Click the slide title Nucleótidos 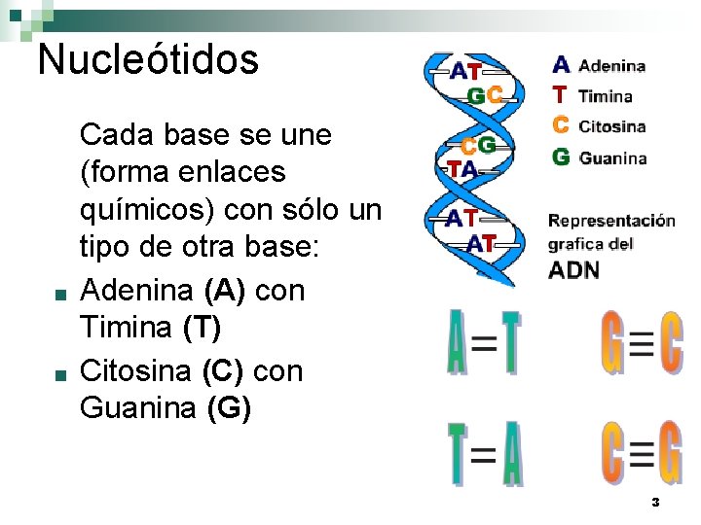(148, 59)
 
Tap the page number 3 (655, 503)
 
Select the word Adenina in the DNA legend (611, 66)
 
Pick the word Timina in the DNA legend (605, 96)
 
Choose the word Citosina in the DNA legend (611, 126)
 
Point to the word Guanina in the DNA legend (612, 157)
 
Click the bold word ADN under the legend (574, 269)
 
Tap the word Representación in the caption (611, 220)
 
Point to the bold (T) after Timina (203, 329)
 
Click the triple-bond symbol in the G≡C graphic (641, 344)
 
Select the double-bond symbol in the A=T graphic (484, 343)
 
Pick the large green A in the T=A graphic (512, 453)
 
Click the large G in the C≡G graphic (669, 452)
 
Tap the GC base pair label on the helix (485, 95)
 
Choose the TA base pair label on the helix (462, 168)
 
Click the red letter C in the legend (561, 125)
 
